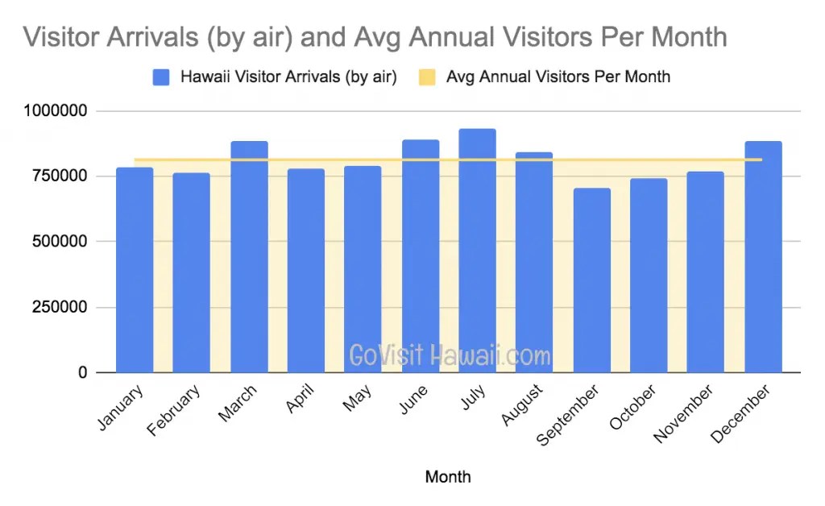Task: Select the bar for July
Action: [477, 251]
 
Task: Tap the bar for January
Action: [135, 270]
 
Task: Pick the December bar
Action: [763, 257]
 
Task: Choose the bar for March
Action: [249, 257]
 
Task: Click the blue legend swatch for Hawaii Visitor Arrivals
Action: [161, 77]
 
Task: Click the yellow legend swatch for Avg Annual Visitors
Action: [427, 77]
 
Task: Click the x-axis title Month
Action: [448, 477]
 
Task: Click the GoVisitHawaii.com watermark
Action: [450, 355]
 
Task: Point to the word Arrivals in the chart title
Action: [144, 37]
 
